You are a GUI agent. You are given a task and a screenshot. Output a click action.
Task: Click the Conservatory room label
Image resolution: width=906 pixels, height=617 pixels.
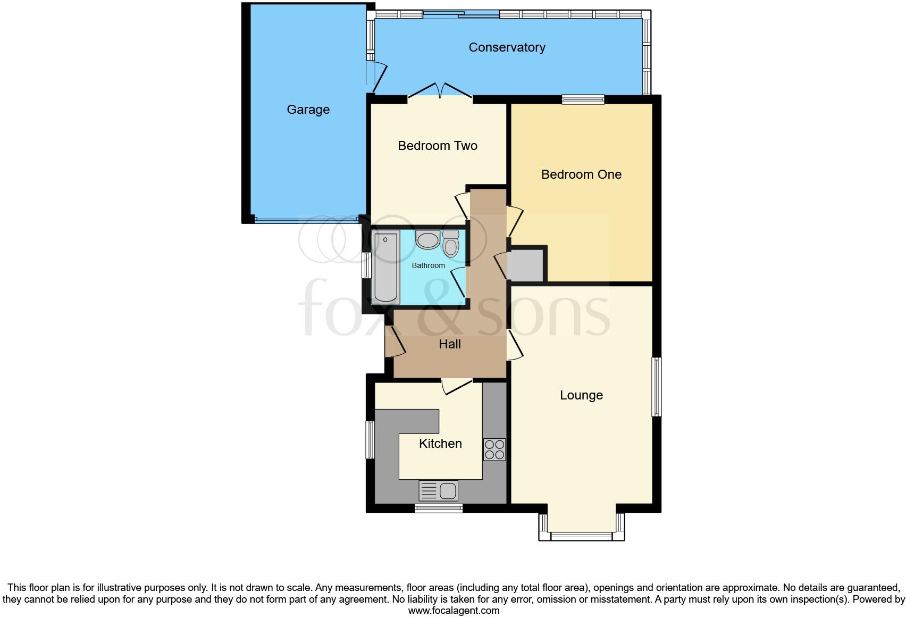[507, 47]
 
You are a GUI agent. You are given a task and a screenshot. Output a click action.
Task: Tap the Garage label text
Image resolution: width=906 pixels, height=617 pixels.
[308, 110]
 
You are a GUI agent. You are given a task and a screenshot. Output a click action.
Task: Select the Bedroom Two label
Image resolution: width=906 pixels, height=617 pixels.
[437, 146]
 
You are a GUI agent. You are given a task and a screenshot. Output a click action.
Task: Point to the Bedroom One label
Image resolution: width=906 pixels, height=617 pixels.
[581, 174]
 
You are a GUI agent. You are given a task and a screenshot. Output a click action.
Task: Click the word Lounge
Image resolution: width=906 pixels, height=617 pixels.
[581, 395]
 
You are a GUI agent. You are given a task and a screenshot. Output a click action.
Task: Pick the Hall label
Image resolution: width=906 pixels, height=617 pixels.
[449, 344]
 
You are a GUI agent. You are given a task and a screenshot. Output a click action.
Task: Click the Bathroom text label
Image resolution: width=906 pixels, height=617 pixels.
[428, 265]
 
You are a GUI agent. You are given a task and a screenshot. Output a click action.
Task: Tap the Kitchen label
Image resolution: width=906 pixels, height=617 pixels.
[440, 444]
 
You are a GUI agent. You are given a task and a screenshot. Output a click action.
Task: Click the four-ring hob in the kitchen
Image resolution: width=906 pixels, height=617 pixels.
[494, 449]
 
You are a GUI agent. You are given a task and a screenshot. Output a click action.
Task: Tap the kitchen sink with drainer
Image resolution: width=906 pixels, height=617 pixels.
[439, 490]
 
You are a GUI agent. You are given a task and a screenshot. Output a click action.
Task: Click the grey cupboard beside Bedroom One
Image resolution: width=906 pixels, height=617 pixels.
[525, 265]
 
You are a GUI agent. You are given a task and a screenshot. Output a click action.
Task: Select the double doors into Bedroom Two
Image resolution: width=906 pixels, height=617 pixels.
[440, 91]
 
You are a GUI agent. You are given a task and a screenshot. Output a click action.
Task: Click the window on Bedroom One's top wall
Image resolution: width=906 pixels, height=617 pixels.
[583, 99]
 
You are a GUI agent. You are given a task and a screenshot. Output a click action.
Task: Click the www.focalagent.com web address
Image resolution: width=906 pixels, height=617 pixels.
[453, 611]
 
